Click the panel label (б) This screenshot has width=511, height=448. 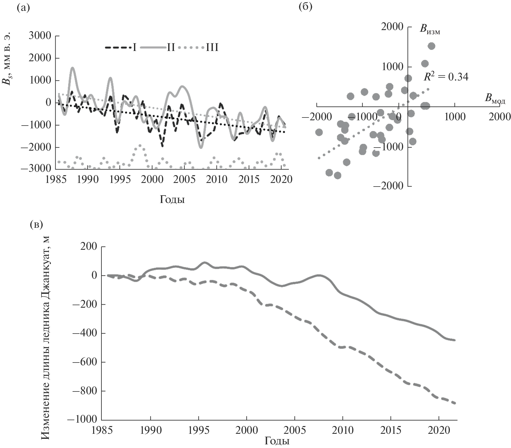click(306, 7)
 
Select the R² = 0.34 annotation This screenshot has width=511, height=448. click(446, 77)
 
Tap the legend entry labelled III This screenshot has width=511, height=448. click(212, 48)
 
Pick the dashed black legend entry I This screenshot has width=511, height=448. click(121, 48)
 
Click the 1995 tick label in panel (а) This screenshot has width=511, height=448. click(120, 180)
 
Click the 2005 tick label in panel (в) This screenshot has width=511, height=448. click(294, 430)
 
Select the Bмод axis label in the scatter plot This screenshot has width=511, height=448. click(495, 98)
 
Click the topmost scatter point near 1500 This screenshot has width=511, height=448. click(431, 46)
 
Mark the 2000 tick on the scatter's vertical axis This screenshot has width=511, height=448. click(392, 27)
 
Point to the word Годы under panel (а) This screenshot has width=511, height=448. click(172, 200)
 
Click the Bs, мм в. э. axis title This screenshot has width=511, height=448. click(8, 59)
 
